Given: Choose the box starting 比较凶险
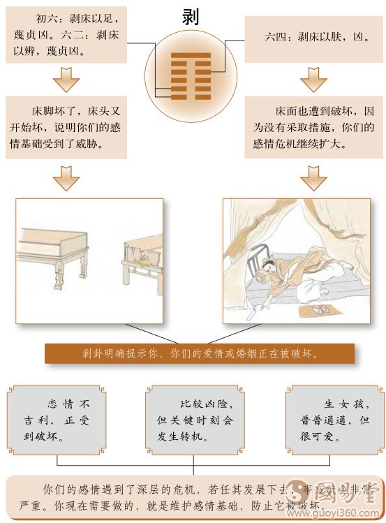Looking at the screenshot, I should click(x=193, y=420).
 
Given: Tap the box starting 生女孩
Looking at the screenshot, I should click(x=332, y=420).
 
